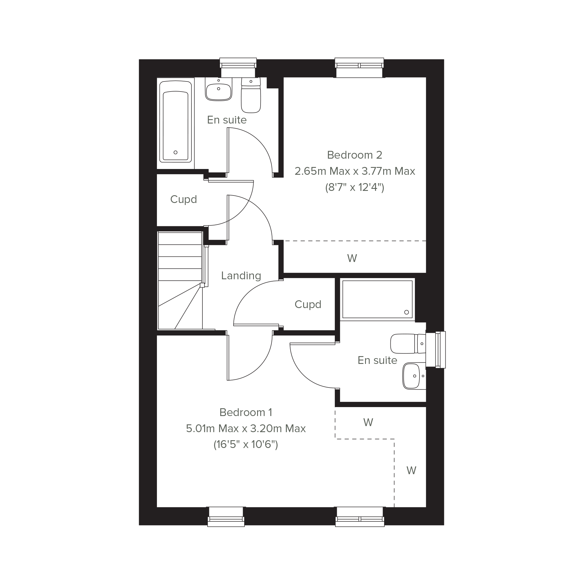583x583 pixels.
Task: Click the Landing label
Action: pos(241,276)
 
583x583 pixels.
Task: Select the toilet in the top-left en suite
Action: pos(251,95)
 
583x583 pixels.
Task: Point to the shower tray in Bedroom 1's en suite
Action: pos(377,299)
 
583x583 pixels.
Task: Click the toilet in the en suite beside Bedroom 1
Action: pos(408,343)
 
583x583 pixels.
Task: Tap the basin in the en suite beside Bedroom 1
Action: pos(414,376)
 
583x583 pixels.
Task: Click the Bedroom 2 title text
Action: pos(355,155)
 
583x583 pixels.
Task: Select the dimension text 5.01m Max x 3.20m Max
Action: pos(246,428)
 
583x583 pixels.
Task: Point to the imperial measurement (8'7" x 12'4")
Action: pos(355,188)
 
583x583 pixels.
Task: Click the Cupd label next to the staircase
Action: pos(183,200)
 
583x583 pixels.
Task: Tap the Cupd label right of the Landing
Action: pos(308,305)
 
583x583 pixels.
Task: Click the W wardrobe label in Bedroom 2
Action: pos(352,258)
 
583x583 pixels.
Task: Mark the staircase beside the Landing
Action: pos(181,280)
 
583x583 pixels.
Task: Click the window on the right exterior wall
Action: pos(435,350)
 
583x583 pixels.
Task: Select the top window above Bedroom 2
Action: pos(359,68)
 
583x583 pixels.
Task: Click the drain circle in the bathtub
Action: pos(176,152)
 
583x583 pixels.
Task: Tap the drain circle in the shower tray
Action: pos(407,312)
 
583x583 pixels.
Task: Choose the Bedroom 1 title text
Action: pos(246,412)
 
